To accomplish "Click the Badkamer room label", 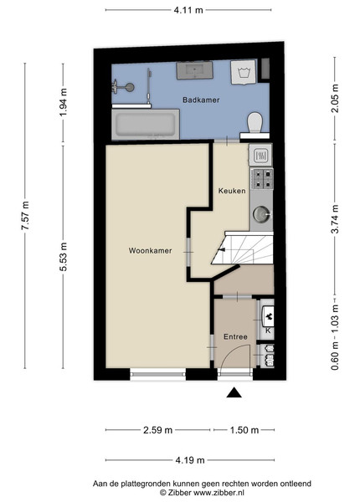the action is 201,100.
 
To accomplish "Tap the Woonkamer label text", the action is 150,251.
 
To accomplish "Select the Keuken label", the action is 232,191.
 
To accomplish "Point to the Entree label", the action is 235,337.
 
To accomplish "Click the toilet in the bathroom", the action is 255,122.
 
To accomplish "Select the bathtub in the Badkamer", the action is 146,125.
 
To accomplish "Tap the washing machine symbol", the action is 244,72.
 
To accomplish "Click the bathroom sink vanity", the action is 195,70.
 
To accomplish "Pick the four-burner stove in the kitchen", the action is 262,179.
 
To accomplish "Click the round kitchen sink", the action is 261,214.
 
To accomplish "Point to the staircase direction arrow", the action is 221,249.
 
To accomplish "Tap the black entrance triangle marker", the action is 234,392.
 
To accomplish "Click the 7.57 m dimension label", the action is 25,216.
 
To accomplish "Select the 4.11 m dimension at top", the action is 188,10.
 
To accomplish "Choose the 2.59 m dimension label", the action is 157,430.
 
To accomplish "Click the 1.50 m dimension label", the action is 244,430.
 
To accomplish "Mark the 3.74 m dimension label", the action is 335,219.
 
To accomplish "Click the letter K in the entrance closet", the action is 268,330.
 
